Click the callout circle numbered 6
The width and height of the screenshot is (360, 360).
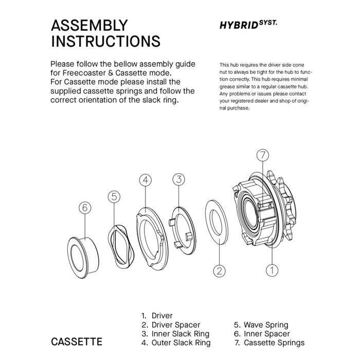pyautogui.click(x=85, y=208)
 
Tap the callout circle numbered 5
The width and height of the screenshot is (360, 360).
pyautogui.click(x=114, y=196)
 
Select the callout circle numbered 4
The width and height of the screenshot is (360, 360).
pyautogui.click(x=146, y=180)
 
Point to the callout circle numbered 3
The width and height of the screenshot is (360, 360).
pyautogui.click(x=178, y=179)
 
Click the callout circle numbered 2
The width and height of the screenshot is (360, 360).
pyautogui.click(x=220, y=270)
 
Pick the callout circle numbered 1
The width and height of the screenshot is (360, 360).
pyautogui.click(x=271, y=268)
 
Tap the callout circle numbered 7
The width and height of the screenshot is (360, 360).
pyautogui.click(x=262, y=155)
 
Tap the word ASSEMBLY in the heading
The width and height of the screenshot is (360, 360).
pyautogui.click(x=89, y=26)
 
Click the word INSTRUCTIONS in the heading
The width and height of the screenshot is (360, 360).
pyautogui.click(x=105, y=41)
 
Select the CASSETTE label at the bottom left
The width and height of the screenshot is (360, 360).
pyautogui.click(x=77, y=341)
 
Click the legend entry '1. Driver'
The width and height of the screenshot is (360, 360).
pyautogui.click(x=157, y=316)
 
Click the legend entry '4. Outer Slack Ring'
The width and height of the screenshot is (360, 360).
pyautogui.click(x=175, y=343)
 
